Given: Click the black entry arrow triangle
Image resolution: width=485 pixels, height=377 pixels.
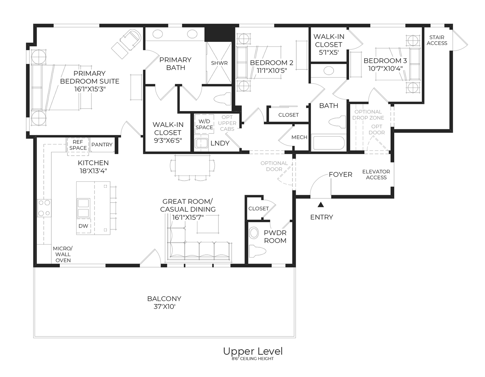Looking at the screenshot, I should point(320,205).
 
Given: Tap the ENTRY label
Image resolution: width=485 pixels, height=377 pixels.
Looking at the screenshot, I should point(321,217).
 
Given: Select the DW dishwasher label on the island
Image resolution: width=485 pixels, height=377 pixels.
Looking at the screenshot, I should point(83,226).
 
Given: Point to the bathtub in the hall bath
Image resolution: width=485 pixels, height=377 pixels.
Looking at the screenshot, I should point(328,143).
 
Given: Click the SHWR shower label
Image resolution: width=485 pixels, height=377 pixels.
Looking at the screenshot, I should point(219,63).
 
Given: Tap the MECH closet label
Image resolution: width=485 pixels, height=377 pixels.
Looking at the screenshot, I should point(299,137).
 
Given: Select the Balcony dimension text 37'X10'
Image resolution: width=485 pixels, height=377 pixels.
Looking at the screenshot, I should point(164,307).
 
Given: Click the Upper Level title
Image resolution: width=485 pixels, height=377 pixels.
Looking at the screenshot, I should point(253,351).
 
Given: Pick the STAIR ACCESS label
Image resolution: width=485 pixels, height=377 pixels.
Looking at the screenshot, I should point(437,40).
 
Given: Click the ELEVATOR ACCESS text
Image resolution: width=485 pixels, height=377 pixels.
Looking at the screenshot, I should point(376,175).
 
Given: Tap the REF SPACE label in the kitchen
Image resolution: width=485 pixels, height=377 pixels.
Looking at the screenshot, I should point(78,145).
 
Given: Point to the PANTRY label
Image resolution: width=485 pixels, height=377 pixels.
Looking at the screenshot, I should point(102,145).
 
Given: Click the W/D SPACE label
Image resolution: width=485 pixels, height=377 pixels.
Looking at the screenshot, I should point(204,124).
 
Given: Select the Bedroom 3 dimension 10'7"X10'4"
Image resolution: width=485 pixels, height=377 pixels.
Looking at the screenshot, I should point(385,68).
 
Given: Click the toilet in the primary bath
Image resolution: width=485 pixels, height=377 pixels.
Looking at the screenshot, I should point(223,99).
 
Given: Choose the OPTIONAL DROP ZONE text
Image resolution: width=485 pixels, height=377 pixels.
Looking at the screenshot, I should point(368,115).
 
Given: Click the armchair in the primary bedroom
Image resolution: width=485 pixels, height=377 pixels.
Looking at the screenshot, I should point(130,39).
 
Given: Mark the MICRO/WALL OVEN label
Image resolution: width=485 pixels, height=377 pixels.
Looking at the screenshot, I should point(63,254).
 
